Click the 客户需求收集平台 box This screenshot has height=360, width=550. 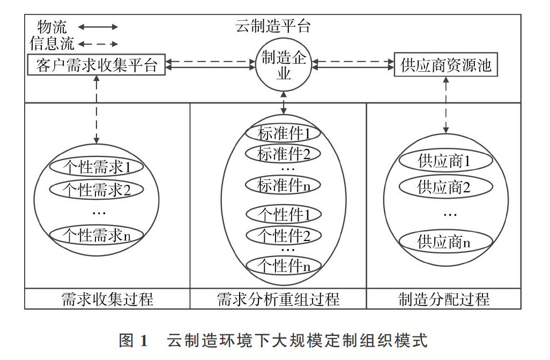click(96, 64)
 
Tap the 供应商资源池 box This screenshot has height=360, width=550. click(446, 64)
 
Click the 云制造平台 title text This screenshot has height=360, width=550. click(273, 26)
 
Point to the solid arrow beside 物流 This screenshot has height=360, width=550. click(98, 27)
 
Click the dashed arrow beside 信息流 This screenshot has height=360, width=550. click(98, 44)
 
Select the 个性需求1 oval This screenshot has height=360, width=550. click(96, 167)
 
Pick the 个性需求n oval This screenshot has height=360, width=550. click(96, 235)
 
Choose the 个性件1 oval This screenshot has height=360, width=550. click(284, 214)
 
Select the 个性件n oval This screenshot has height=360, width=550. click(284, 265)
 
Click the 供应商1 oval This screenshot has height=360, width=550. click(446, 161)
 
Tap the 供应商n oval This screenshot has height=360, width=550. click(446, 242)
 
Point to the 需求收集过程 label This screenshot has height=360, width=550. click(107, 299)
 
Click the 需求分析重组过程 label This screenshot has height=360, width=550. click(278, 299)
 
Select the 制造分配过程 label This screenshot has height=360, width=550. click(444, 299)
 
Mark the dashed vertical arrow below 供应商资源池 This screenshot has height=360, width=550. click(446, 105)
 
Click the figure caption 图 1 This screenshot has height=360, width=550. click(133, 340)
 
